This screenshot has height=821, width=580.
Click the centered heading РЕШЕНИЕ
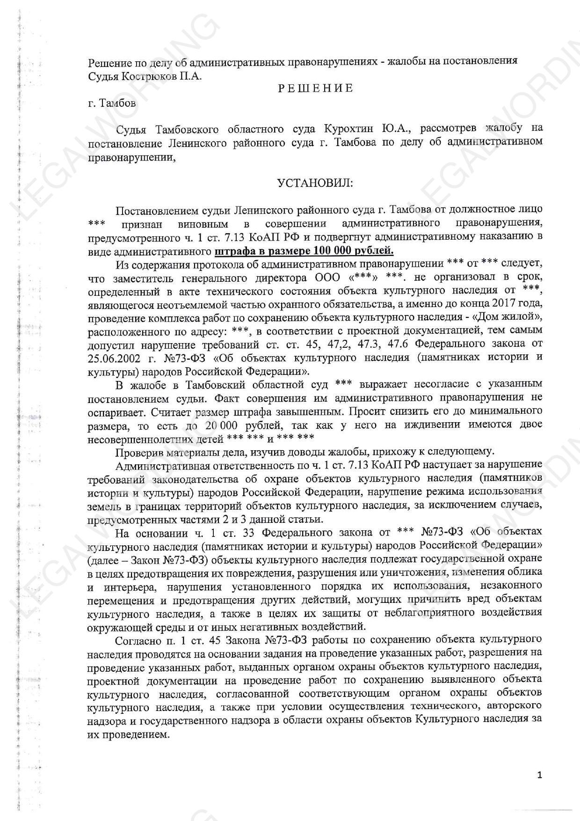point(316,88)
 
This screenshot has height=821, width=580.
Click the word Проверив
point(136,452)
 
